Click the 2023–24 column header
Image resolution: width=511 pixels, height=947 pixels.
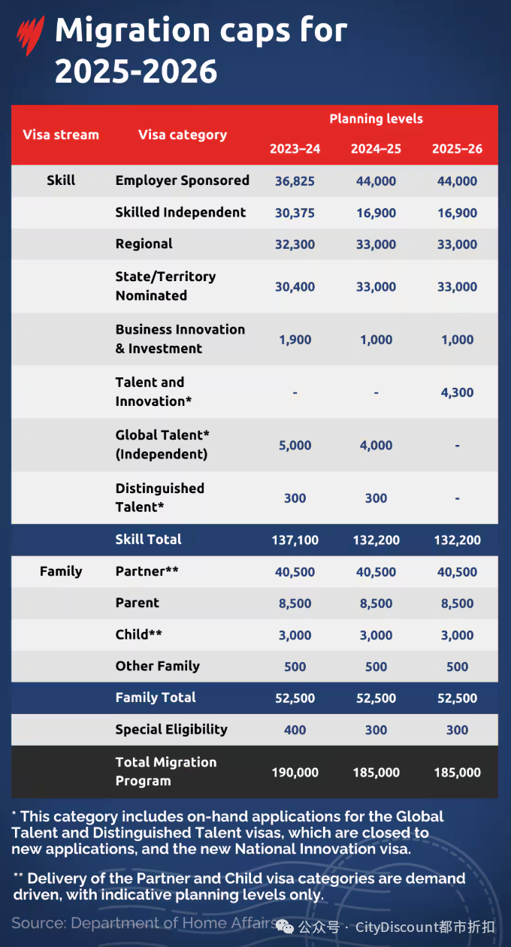tap(295, 149)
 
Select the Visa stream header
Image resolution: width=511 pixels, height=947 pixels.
tap(61, 135)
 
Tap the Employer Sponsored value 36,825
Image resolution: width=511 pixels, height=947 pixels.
tap(295, 181)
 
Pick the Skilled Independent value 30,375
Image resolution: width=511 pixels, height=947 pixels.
tap(295, 213)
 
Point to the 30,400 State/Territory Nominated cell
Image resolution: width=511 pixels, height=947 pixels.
tap(295, 286)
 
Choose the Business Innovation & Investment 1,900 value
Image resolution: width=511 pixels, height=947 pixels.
tap(295, 340)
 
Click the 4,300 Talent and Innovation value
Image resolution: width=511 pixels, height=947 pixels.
tap(457, 392)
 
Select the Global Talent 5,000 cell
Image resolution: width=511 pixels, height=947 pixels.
tap(295, 446)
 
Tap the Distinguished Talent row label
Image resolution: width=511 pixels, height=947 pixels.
tap(160, 498)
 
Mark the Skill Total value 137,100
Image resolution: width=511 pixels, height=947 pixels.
tap(295, 540)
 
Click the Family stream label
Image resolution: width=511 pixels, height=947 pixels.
tap(61, 572)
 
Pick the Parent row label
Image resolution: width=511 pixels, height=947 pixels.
tap(138, 603)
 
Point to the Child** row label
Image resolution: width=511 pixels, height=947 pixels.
tap(139, 634)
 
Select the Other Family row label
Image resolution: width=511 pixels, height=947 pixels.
tap(158, 666)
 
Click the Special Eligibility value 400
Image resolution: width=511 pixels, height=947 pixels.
tap(295, 730)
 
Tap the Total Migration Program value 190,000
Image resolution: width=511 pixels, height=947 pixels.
tap(295, 773)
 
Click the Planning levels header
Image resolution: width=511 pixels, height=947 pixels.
tap(376, 119)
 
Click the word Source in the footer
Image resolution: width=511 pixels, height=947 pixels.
tap(38, 923)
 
